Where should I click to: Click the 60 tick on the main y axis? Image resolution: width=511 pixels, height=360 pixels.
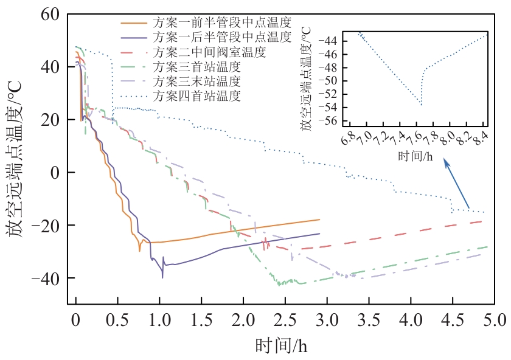pyautogui.click(x=50, y=14)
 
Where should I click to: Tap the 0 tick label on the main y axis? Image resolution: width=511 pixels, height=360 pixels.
pyautogui.click(x=55, y=173)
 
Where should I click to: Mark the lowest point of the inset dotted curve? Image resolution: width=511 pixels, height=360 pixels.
pyautogui.click(x=421, y=105)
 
